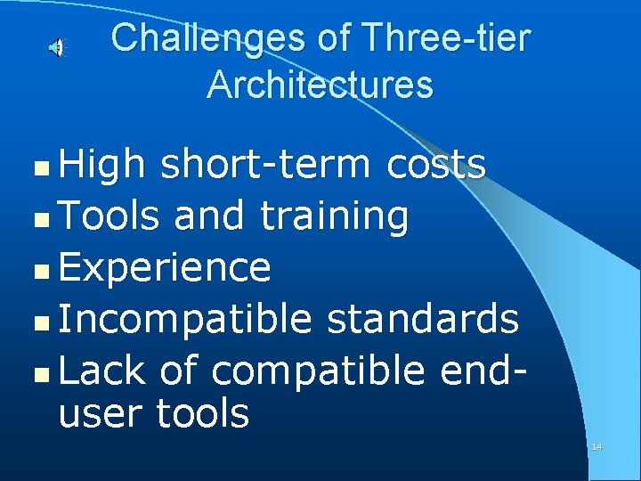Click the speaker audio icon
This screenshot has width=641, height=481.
click(56, 47)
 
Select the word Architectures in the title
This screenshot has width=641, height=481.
click(320, 85)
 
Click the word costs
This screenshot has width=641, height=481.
click(436, 164)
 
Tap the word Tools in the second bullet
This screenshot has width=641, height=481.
click(110, 215)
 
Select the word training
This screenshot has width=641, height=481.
click(335, 216)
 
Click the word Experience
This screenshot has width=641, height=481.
click(165, 267)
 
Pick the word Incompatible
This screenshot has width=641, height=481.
click(185, 319)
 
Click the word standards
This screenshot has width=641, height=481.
click(422, 318)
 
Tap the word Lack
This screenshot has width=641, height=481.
click(101, 370)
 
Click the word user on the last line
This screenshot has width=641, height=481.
click(101, 414)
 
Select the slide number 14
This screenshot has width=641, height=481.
click(596, 446)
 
